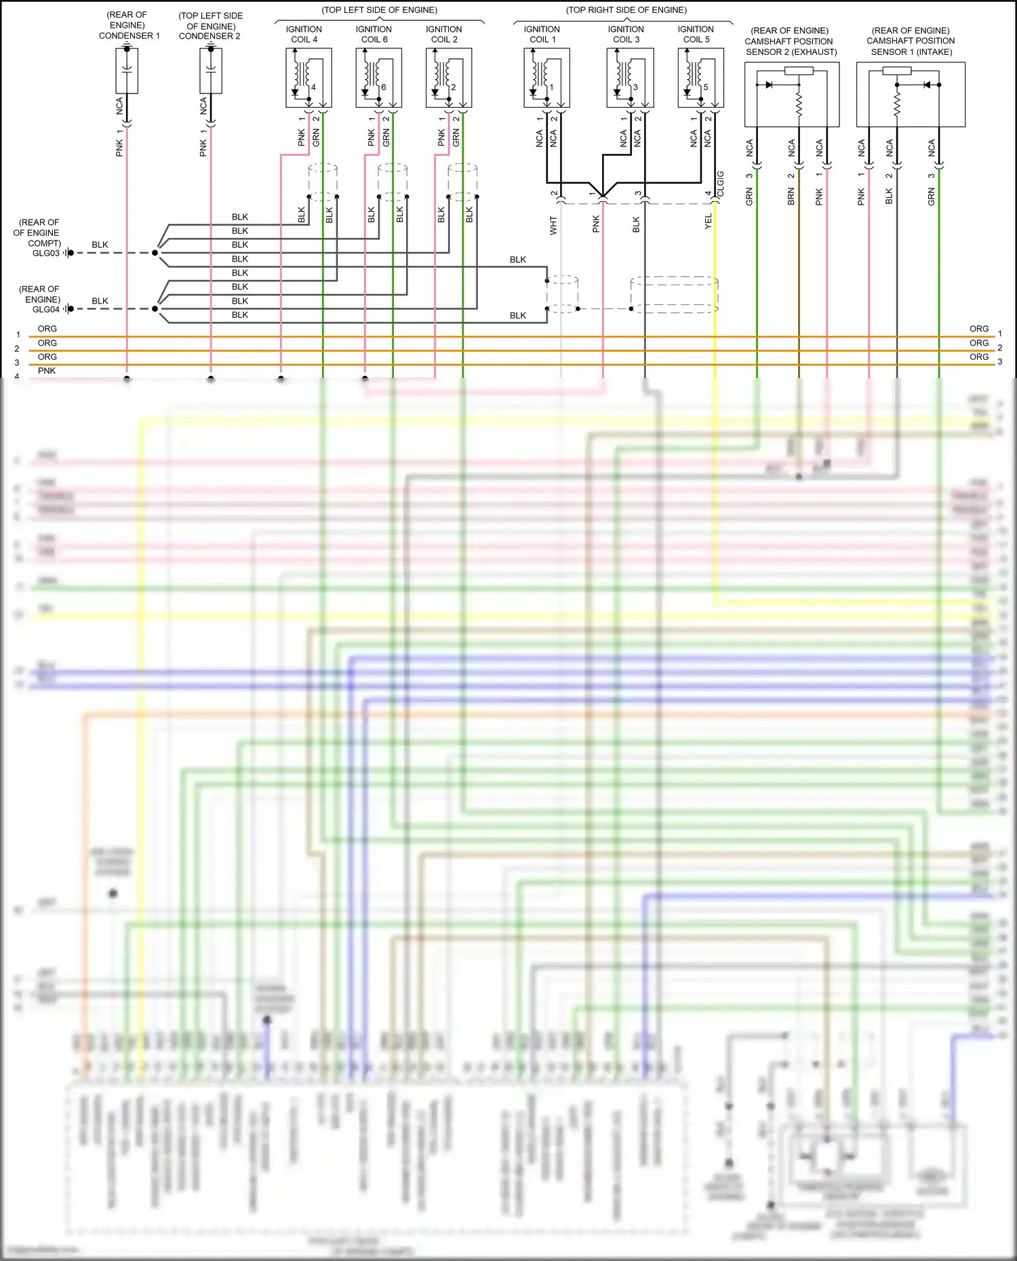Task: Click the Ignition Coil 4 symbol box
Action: click(308, 77)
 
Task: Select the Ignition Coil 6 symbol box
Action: click(378, 77)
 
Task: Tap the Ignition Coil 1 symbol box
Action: click(546, 77)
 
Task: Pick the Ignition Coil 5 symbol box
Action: click(700, 77)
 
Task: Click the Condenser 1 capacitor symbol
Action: click(127, 70)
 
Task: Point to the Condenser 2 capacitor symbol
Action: click(211, 70)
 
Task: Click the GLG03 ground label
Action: click(46, 253)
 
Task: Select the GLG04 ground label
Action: click(46, 310)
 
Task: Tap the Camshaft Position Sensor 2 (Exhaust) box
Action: click(792, 94)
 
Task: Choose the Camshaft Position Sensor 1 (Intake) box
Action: click(911, 94)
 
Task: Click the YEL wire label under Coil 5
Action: click(708, 222)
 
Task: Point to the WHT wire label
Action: click(553, 226)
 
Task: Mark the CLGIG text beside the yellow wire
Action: click(721, 184)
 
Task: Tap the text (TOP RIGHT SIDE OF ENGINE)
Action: click(626, 10)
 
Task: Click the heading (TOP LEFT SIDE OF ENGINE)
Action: click(379, 10)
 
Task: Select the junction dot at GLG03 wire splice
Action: click(155, 253)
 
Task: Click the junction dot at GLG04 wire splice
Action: click(155, 309)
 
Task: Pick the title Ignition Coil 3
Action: click(625, 34)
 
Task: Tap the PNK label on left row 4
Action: click(47, 371)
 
